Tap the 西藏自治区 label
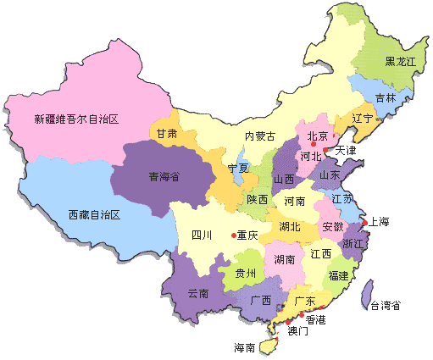coord(96,215)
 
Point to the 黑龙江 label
coord(401,61)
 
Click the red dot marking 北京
coord(314,146)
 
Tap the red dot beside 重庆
coord(233,235)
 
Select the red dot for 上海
coord(364,224)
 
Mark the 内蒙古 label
coord(260,136)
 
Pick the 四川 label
coord(202,235)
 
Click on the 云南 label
coord(197,292)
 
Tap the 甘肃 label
coord(167,134)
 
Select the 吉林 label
coord(386,97)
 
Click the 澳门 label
coord(298,330)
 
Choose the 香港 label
coord(315,320)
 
